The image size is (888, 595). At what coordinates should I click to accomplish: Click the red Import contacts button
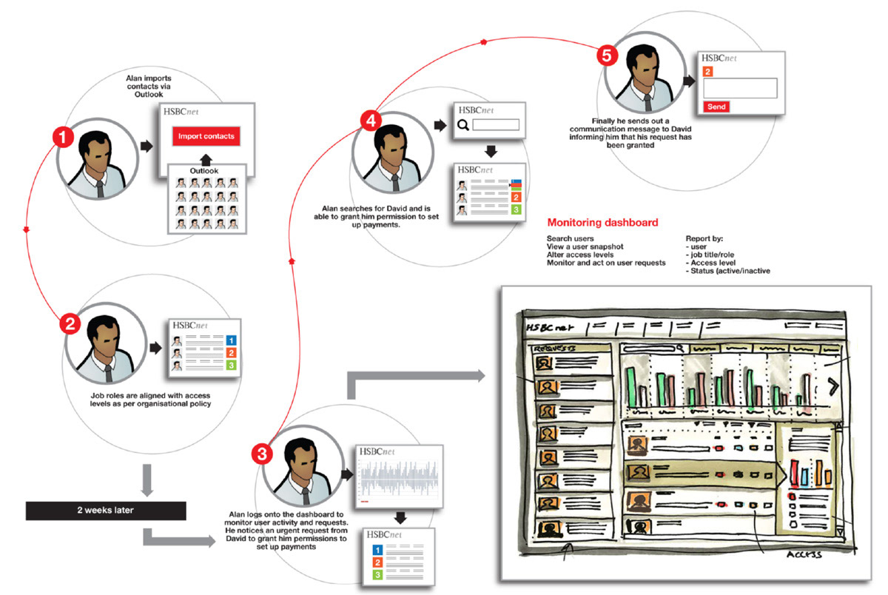[206, 136]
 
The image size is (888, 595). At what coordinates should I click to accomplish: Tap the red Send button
[716, 107]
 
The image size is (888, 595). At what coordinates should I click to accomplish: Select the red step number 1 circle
[63, 138]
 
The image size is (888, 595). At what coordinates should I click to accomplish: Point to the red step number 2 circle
[70, 323]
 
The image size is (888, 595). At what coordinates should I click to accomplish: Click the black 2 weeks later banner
[104, 510]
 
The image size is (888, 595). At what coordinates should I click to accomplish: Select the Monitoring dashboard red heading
[602, 222]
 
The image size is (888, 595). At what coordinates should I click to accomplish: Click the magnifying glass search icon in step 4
[463, 125]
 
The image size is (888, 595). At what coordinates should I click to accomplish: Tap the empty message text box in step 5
[740, 88]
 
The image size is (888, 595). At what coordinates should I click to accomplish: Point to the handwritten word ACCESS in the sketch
[807, 552]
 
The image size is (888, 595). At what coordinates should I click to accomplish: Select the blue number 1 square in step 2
[232, 340]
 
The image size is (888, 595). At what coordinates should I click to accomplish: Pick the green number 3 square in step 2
[232, 366]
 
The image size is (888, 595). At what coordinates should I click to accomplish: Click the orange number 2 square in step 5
[708, 72]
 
